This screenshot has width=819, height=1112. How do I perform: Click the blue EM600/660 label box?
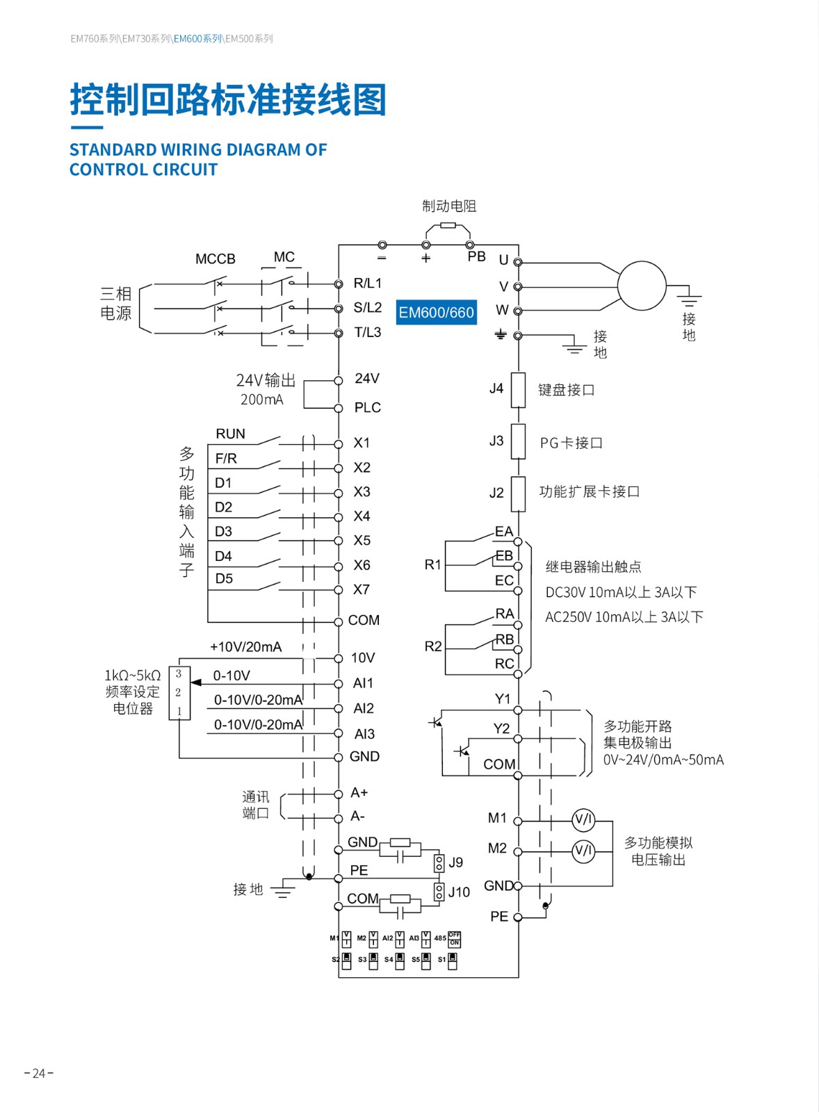tap(436, 313)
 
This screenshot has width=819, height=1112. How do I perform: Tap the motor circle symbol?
tap(642, 286)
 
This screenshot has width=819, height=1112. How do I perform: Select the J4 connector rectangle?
tap(518, 389)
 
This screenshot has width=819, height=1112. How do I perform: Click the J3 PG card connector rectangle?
tap(518, 441)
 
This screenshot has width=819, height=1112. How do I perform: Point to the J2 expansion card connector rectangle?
tap(518, 493)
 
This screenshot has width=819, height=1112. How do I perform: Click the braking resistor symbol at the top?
tap(448, 225)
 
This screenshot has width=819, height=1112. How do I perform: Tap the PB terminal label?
tap(476, 256)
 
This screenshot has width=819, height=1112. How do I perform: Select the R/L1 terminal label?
tap(367, 283)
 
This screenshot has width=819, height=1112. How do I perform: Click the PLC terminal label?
tap(367, 407)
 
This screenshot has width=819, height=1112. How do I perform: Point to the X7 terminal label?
tap(362, 589)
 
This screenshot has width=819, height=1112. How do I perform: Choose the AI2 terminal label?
tap(364, 708)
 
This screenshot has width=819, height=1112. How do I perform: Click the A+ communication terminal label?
tap(359, 792)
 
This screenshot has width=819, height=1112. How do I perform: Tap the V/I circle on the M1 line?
tap(583, 820)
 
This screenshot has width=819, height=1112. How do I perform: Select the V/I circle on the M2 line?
tap(583, 850)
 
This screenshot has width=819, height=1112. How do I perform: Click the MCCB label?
tap(215, 259)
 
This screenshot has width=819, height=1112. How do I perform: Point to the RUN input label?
tap(230, 434)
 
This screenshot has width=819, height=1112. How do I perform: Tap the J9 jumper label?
tap(456, 862)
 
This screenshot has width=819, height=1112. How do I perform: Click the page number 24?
tap(39, 1073)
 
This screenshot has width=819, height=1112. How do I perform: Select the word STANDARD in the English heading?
tap(113, 149)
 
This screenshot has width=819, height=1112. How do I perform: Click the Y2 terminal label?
tap(501, 728)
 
